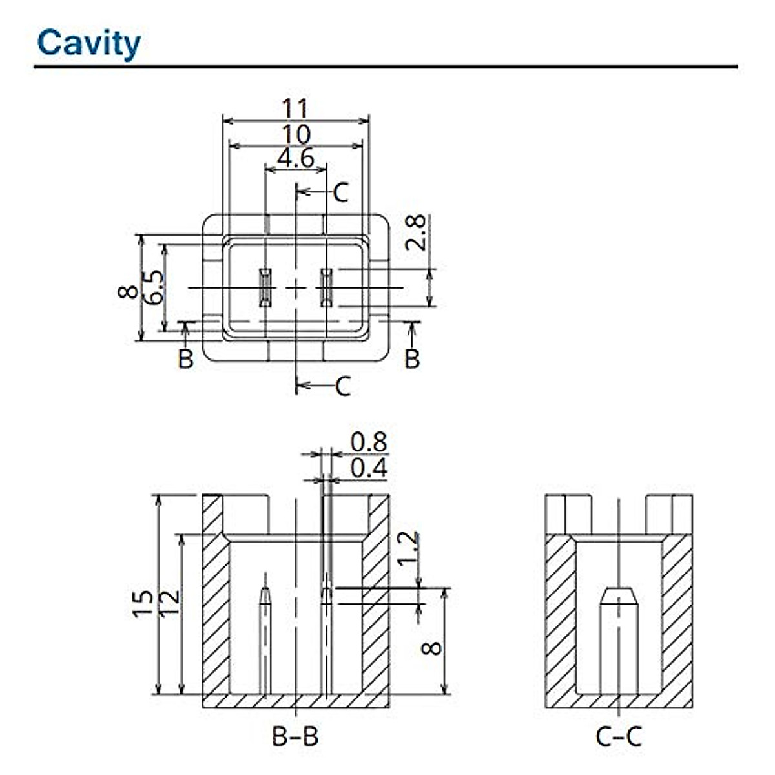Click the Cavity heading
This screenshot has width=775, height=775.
tap(89, 44)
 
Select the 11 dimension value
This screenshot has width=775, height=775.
tap(296, 108)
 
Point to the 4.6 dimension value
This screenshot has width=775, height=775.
tap(296, 158)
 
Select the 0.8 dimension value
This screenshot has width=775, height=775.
tap(369, 442)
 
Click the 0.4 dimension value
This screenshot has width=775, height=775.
tap(369, 468)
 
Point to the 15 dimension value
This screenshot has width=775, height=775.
tap(143, 603)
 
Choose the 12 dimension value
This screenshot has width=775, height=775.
tap(170, 602)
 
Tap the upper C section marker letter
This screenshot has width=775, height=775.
tap(340, 192)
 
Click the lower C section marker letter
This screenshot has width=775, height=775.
tap(343, 386)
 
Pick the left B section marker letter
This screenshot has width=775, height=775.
tap(186, 358)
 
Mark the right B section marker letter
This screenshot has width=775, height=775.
tap(412, 358)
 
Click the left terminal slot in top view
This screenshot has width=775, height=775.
tap(265, 287)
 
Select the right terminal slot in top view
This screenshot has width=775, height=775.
tap(326, 287)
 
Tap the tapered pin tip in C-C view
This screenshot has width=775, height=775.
tap(619, 597)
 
